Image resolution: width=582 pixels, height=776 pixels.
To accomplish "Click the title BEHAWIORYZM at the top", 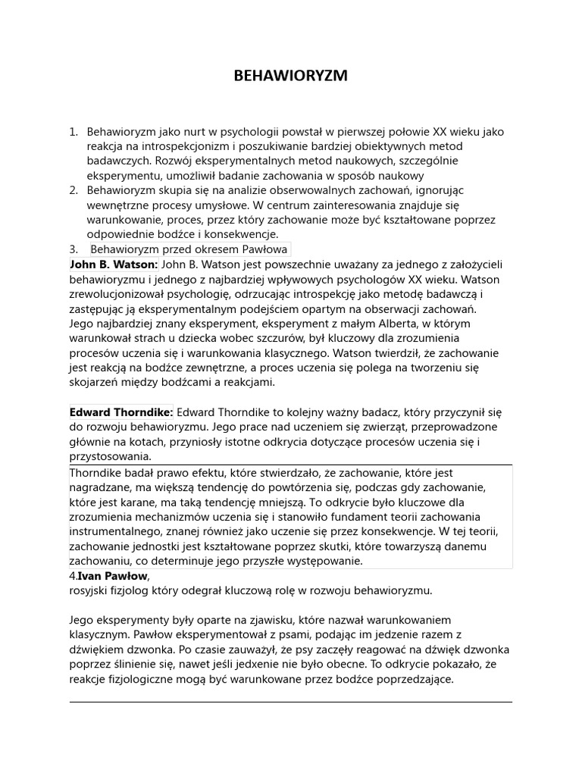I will pos(290,76).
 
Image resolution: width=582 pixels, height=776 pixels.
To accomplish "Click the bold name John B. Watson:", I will pos(114,264).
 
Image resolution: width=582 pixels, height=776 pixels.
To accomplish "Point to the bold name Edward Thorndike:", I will pos(121,412).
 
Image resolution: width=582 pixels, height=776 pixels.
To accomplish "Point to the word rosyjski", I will pos(91,590).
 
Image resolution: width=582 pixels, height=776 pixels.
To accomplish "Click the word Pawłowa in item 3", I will pos(264,249).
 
